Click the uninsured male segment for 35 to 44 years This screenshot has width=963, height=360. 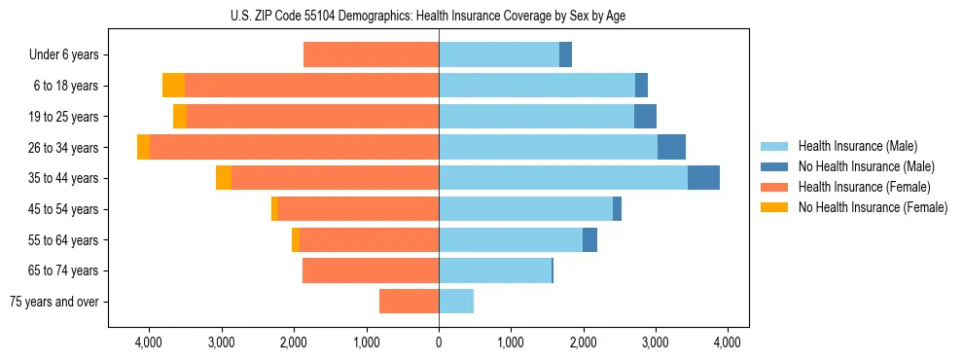point(703,178)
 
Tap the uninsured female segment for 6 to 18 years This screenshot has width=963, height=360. point(173,86)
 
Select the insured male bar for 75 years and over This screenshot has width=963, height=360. point(456,302)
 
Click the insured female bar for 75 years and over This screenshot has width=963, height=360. point(409,302)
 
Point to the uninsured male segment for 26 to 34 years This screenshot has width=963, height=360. point(671,148)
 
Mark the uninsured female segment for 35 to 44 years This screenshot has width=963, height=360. point(224,178)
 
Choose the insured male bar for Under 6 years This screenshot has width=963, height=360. point(499,55)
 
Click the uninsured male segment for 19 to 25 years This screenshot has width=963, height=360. point(645,117)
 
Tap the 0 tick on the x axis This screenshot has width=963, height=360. point(439,342)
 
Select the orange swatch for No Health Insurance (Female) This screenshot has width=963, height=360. point(775,207)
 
